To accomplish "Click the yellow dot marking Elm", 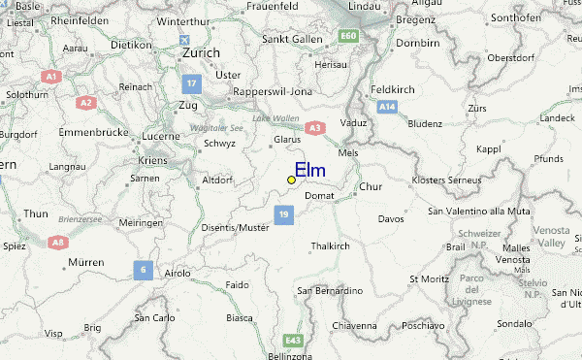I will (291, 180).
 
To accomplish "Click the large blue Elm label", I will (309, 171).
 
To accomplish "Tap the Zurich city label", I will (202, 53).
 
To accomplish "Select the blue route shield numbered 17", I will (192, 84).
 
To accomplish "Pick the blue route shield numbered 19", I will (283, 213).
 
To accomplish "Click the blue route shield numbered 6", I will (143, 270).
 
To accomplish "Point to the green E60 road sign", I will (348, 37).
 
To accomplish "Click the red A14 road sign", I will (388, 104).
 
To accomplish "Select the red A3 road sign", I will (313, 126).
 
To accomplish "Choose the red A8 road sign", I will (58, 242).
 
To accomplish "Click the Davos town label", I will (390, 219).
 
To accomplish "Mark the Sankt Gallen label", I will (290, 40).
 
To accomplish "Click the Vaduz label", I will (354, 123).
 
